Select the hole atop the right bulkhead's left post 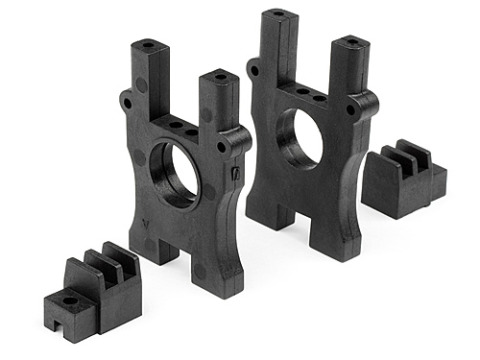pos(277,14)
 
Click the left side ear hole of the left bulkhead pos(126,99)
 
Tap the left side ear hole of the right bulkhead pos(252,69)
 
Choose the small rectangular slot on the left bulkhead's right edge pos(235,174)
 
